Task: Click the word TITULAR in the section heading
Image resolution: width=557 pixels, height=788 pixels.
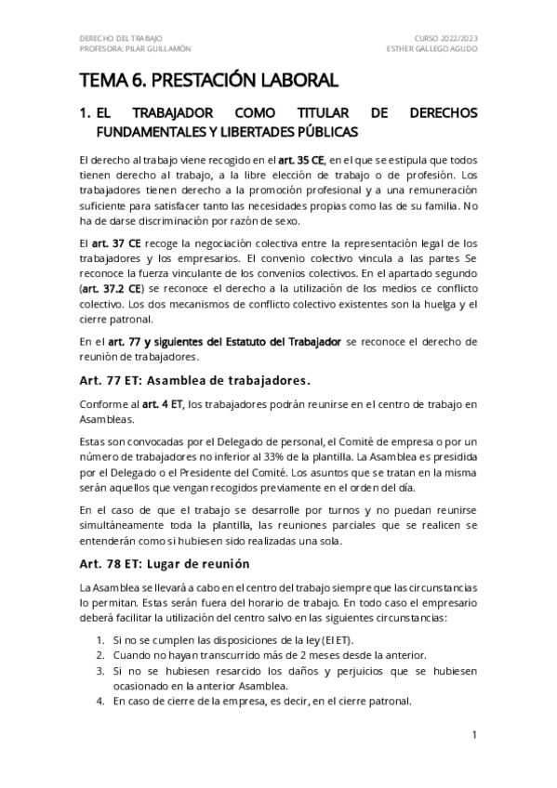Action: (303, 113)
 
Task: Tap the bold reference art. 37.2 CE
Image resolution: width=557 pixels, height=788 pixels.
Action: (105, 288)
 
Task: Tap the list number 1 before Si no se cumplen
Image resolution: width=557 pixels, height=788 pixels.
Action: (100, 639)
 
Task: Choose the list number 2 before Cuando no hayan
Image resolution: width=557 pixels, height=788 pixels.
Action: (100, 655)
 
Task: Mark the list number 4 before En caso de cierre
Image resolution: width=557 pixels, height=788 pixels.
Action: (100, 702)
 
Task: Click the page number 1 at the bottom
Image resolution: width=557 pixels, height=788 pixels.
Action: (473, 735)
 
